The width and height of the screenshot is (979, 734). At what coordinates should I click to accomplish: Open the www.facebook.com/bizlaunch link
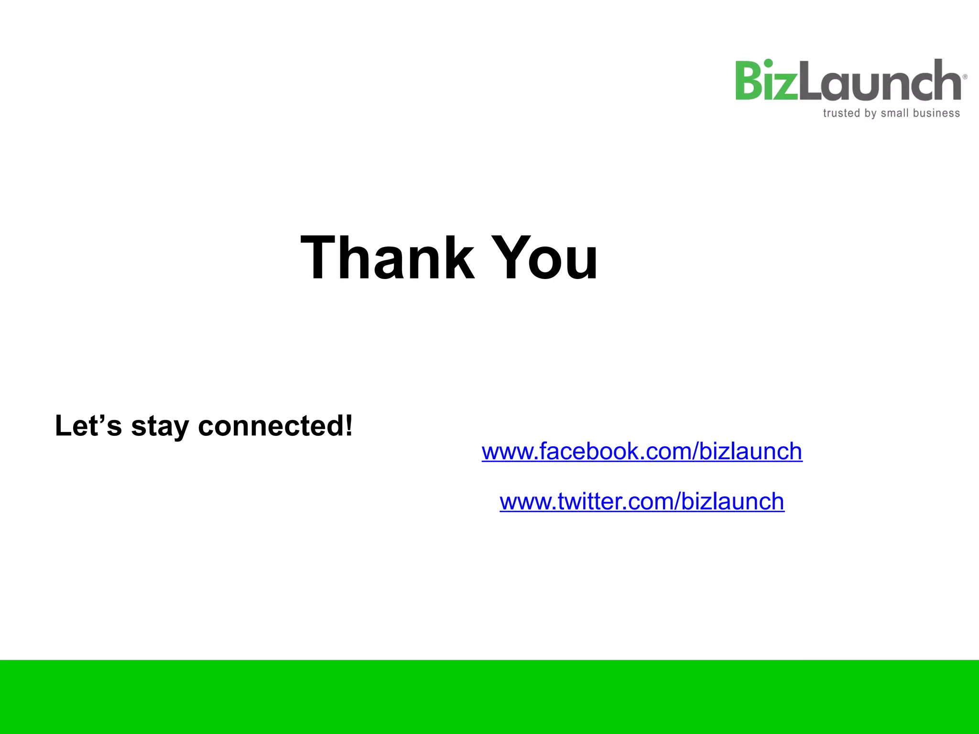point(642,451)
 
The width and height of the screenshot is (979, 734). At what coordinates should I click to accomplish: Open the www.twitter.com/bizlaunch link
point(642,501)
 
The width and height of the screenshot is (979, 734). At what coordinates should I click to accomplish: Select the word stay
point(160,426)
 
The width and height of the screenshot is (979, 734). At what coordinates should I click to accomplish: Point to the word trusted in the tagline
point(841,113)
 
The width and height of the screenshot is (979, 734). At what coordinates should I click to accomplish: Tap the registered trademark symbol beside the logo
point(965,76)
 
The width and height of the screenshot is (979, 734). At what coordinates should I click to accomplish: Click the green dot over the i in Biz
point(768,63)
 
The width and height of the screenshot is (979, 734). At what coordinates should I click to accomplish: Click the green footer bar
point(489,697)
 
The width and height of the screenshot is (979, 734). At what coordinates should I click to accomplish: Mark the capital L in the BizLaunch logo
point(810,81)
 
